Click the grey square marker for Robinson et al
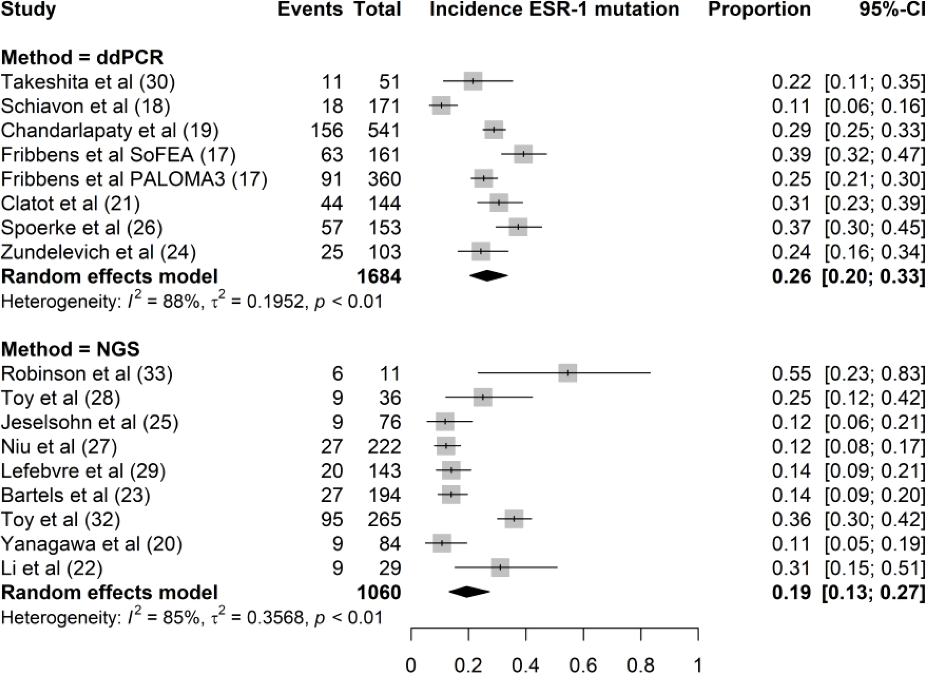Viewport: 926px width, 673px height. (x=567, y=373)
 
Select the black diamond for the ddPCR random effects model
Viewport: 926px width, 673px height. (x=488, y=276)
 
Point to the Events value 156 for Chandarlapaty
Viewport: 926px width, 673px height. (x=327, y=130)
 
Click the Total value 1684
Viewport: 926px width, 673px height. (x=379, y=276)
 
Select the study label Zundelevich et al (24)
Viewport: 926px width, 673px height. (x=98, y=252)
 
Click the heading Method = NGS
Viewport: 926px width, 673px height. (x=70, y=349)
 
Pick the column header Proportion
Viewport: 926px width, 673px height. (x=759, y=9)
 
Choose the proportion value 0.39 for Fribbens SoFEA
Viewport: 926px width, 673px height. (x=791, y=155)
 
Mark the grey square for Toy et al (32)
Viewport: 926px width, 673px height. (x=514, y=519)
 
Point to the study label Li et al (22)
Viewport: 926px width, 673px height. (x=51, y=568)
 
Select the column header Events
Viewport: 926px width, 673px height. (x=310, y=9)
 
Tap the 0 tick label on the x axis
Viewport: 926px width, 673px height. (x=411, y=665)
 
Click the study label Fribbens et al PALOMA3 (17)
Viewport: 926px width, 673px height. (x=134, y=179)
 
